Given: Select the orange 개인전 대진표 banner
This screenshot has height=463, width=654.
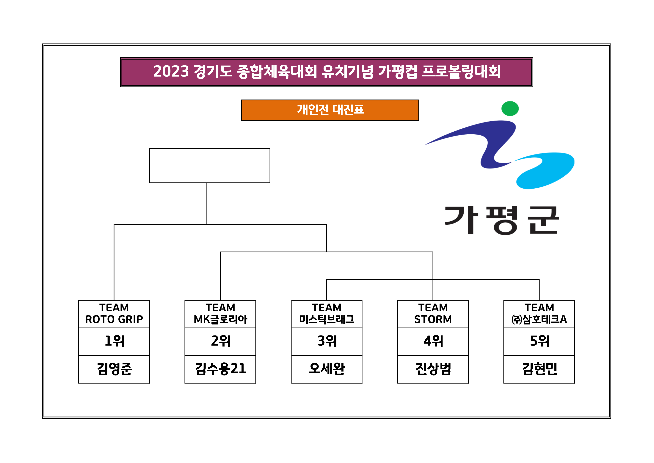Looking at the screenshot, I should (330, 110).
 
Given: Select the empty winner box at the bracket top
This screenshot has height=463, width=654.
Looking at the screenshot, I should (209, 165).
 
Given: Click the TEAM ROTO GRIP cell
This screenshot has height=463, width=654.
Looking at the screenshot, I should (114, 314).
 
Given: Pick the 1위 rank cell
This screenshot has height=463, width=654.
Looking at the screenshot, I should (114, 341).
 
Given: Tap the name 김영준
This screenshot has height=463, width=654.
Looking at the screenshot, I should (114, 369).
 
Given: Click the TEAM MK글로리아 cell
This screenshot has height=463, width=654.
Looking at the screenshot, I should (220, 314).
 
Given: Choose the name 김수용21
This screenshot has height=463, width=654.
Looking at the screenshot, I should (220, 369).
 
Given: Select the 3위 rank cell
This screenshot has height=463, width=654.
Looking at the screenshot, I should (326, 341).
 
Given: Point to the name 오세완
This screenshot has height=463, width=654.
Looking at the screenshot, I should (326, 369).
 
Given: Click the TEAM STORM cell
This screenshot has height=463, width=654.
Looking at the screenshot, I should (433, 314).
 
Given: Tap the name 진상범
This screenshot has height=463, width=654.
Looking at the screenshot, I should (433, 369).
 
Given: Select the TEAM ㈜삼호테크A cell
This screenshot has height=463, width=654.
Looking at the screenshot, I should (539, 314).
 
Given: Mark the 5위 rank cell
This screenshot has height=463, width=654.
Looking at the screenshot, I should (539, 341).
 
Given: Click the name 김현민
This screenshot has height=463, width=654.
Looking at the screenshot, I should (539, 369).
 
